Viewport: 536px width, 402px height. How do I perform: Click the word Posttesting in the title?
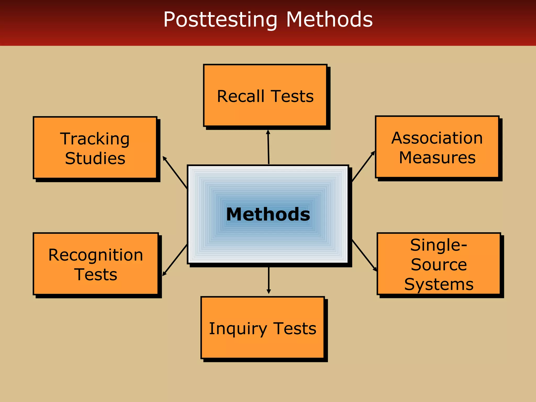pyautogui.click(x=220, y=20)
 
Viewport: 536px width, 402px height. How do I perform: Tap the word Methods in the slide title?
pyautogui.click(x=329, y=19)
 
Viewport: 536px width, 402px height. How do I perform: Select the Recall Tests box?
pyautogui.click(x=265, y=96)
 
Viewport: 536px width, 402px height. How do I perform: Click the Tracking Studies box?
pyautogui.click(x=95, y=148)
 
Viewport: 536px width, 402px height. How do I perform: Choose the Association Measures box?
pyautogui.click(x=437, y=147)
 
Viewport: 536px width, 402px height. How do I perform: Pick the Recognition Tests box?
pyautogui.click(x=96, y=264)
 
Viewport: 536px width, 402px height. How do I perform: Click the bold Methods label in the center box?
pyautogui.click(x=268, y=214)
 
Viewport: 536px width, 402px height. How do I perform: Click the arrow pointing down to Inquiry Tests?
pyautogui.click(x=269, y=280)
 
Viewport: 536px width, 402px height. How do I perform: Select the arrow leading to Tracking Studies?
pyautogui.click(x=175, y=172)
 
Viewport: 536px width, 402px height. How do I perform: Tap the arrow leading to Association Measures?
pyautogui.click(x=363, y=166)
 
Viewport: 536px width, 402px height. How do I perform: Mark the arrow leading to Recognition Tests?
pyautogui.click(x=175, y=260)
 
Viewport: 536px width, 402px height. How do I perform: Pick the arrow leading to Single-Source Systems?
pyautogui.click(x=364, y=255)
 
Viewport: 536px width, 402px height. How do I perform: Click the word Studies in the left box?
pyautogui.click(x=95, y=158)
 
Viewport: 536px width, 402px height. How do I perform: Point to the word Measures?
pyautogui.click(x=437, y=158)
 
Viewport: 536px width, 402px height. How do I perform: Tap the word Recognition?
pyautogui.click(x=96, y=255)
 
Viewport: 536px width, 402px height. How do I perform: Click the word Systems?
pyautogui.click(x=439, y=284)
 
